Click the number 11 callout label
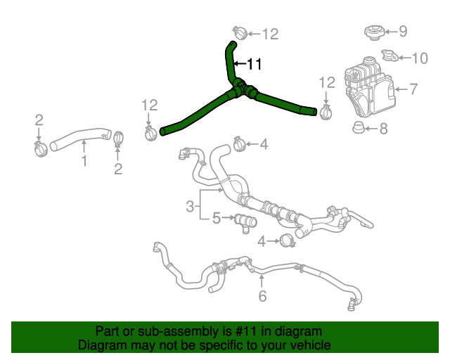pos(253,64)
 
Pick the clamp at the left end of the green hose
pos(150,131)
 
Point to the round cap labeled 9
pos(374,32)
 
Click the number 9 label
pos(403,30)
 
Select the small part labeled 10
pos(388,56)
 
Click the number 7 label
pos(413,89)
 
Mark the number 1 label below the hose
pos(84,162)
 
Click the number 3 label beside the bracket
pos(190,206)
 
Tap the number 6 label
pos(262,296)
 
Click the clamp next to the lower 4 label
pos(286,241)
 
